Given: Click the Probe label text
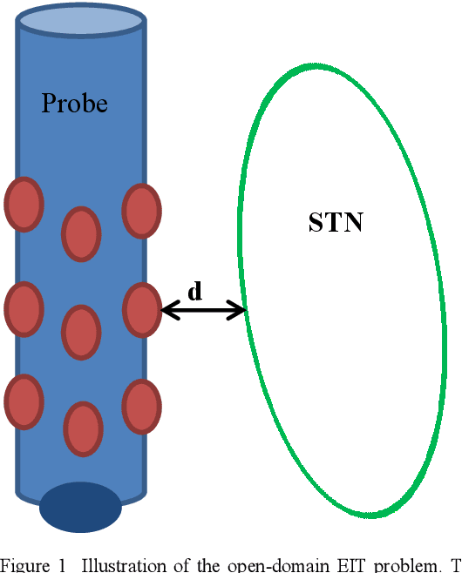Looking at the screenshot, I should click(x=75, y=104).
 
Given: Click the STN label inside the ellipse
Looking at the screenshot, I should click(x=336, y=223).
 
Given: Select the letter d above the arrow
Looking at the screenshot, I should click(x=195, y=292).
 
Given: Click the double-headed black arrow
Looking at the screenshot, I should click(x=205, y=309).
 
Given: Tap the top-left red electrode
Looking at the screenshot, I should click(x=24, y=205).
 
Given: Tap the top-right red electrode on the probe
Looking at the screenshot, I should click(x=141, y=211).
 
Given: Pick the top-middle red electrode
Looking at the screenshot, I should click(x=81, y=234).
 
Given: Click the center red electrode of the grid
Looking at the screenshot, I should click(x=81, y=332).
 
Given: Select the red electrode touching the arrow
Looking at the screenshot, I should click(x=141, y=310).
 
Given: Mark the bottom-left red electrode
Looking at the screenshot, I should click(x=24, y=401).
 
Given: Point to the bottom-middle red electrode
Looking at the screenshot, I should click(x=84, y=428).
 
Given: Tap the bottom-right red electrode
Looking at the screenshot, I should click(x=141, y=407).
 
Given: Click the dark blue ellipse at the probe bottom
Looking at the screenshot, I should click(x=80, y=508).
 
